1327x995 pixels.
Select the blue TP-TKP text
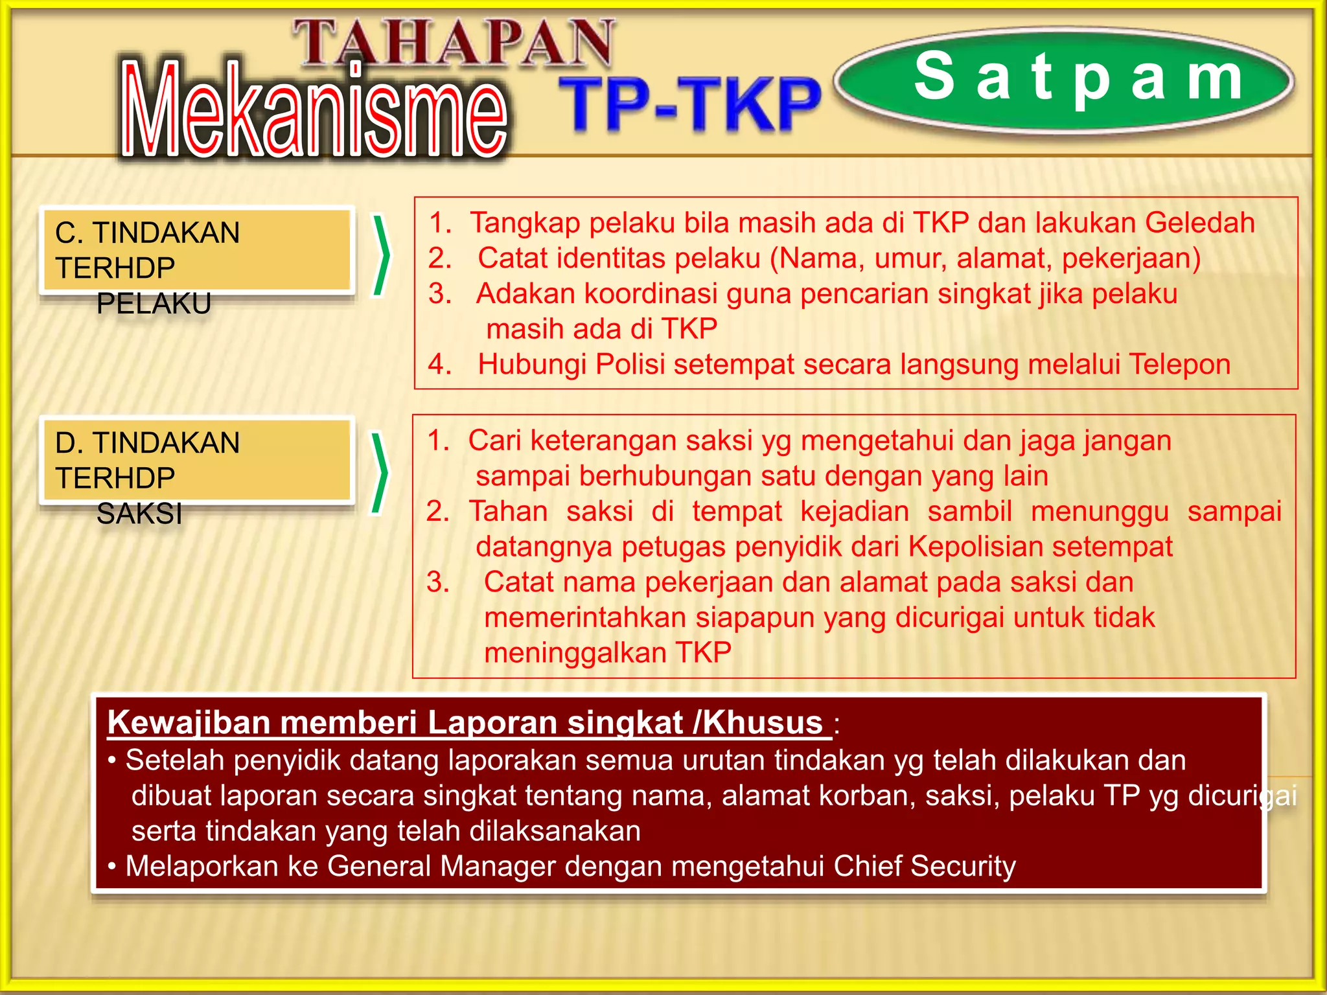pos(689,104)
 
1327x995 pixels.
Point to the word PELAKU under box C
pos(154,303)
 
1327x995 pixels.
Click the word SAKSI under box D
pos(139,514)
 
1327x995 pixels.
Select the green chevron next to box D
pos(380,473)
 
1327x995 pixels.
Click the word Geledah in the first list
pos(1200,223)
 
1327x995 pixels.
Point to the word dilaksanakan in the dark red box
pos(555,831)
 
